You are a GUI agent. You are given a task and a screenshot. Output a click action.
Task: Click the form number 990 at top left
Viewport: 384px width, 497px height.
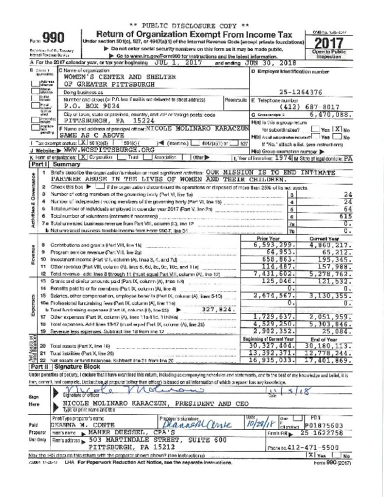click(x=52, y=38)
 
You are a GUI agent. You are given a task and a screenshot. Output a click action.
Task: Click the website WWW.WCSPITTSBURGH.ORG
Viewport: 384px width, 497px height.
click(x=101, y=149)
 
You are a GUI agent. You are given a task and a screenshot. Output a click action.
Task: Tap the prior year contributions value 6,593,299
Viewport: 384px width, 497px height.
click(x=273, y=245)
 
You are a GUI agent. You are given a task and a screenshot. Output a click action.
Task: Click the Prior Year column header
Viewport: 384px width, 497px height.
click(x=267, y=238)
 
